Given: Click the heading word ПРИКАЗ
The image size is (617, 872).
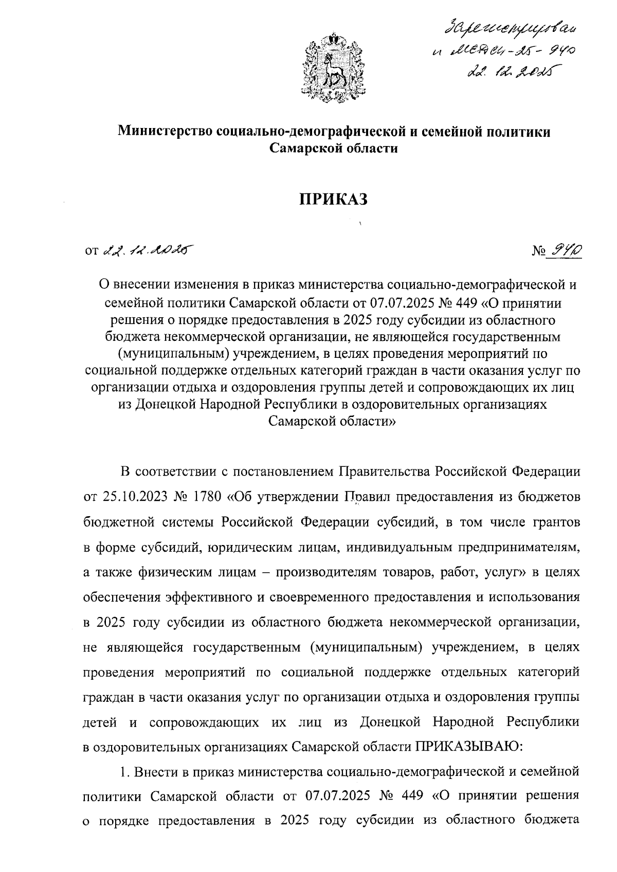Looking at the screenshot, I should (x=334, y=198).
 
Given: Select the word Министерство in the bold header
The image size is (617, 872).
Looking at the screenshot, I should (x=167, y=132).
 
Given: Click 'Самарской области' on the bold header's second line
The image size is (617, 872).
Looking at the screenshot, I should (x=334, y=149).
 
